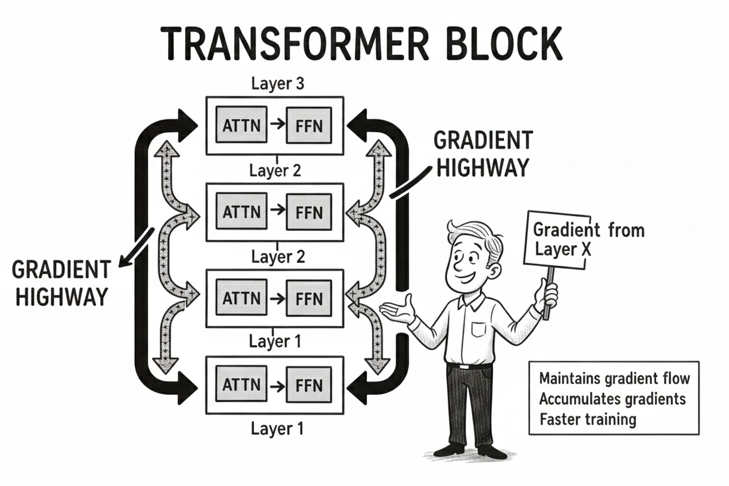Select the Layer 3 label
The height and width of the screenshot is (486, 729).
[x=277, y=84]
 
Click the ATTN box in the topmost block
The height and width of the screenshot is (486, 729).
[x=242, y=125]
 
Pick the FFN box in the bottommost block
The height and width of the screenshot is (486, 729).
[x=308, y=385]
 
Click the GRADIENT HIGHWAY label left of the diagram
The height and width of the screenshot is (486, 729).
[x=61, y=283]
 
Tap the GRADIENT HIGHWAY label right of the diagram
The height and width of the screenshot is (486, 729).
[x=482, y=154]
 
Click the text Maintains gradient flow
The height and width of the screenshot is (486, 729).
[x=614, y=379]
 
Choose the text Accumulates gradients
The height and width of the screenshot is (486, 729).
[x=612, y=399]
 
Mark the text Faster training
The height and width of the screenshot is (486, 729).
[x=588, y=419]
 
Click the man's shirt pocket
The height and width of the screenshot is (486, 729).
[x=479, y=328]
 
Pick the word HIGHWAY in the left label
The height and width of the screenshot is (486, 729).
[x=61, y=296]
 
